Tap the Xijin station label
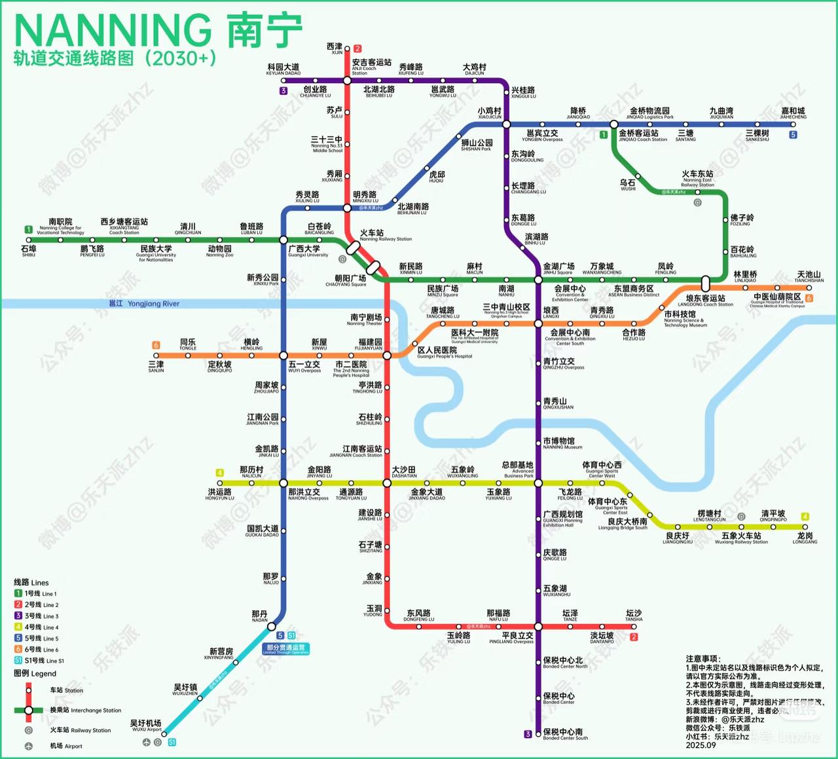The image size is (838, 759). (x=335, y=48)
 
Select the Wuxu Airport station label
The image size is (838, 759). (x=146, y=726)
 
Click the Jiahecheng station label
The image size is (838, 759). (x=793, y=113)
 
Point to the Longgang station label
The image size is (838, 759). (x=805, y=538)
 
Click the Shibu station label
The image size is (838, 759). (x=28, y=251)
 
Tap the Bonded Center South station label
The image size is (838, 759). (x=564, y=734)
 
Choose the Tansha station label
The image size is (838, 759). (x=633, y=616)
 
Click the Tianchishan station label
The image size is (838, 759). (x=809, y=276)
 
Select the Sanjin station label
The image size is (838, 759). (x=156, y=367)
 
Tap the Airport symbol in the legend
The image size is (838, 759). (x=29, y=746)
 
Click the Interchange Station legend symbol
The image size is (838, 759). (x=29, y=711)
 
